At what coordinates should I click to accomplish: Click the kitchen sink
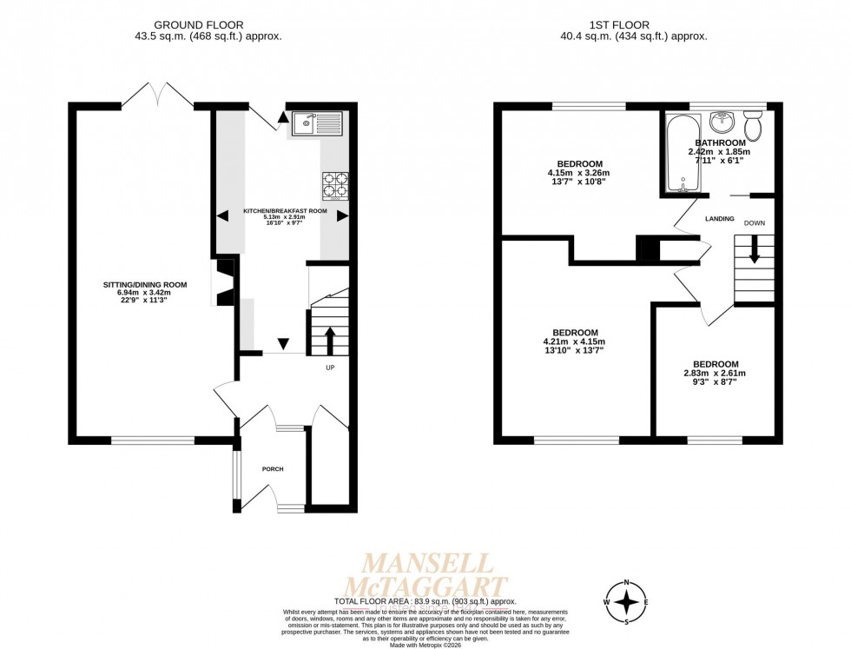318,124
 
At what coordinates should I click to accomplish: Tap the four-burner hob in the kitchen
336,186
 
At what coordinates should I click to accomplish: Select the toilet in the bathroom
753,127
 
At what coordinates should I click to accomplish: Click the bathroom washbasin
720,122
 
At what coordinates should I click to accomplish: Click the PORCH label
273,469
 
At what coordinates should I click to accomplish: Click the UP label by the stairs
330,368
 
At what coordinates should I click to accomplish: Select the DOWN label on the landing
754,223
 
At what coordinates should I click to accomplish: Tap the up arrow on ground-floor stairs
330,339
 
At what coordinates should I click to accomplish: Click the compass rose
626,601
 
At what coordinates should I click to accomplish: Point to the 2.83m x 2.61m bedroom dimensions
715,374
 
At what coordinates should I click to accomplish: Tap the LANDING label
720,218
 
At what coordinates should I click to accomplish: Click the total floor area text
425,601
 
